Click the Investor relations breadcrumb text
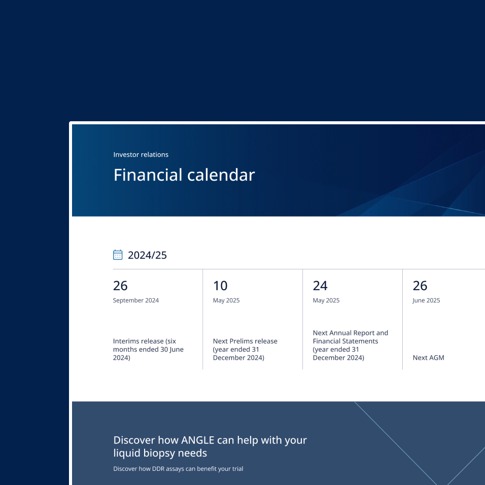(x=141, y=155)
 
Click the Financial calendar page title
(x=184, y=175)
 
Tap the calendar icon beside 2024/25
(x=118, y=255)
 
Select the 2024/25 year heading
(x=147, y=255)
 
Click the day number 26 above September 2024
(x=120, y=286)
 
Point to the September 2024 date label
(x=136, y=300)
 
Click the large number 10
(x=220, y=286)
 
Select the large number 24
(x=320, y=286)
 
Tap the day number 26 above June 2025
(x=420, y=286)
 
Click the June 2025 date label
(x=426, y=300)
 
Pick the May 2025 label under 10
(x=226, y=300)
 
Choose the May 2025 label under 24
(x=326, y=300)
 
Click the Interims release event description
(x=148, y=349)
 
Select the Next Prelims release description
(x=245, y=349)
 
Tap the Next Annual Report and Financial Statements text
(x=350, y=345)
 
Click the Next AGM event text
(x=428, y=358)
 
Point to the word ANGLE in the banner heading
(x=198, y=440)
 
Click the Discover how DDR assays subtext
(x=178, y=469)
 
